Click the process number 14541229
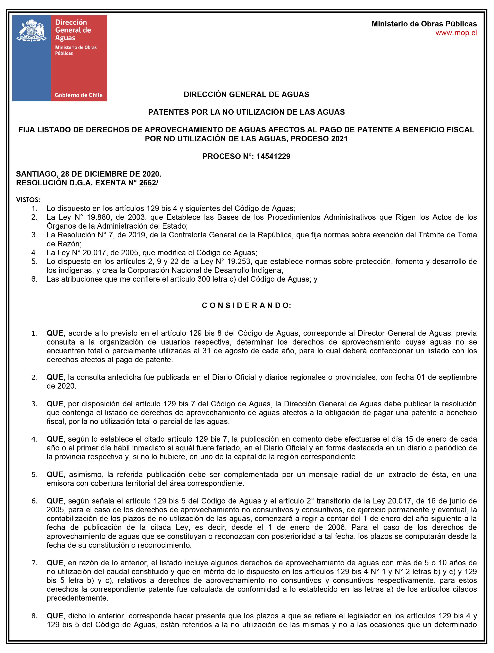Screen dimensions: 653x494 point(273,156)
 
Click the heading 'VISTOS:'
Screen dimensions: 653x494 point(28,200)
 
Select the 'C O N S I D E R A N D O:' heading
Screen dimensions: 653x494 point(246,306)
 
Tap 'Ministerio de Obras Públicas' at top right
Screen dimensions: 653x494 point(424,24)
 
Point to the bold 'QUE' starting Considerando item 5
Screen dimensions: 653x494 point(55,474)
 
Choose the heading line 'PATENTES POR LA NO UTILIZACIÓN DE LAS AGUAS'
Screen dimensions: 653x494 point(246,112)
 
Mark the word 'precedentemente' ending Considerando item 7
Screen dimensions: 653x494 point(77,598)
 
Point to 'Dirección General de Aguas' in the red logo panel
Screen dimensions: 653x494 point(73,30)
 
